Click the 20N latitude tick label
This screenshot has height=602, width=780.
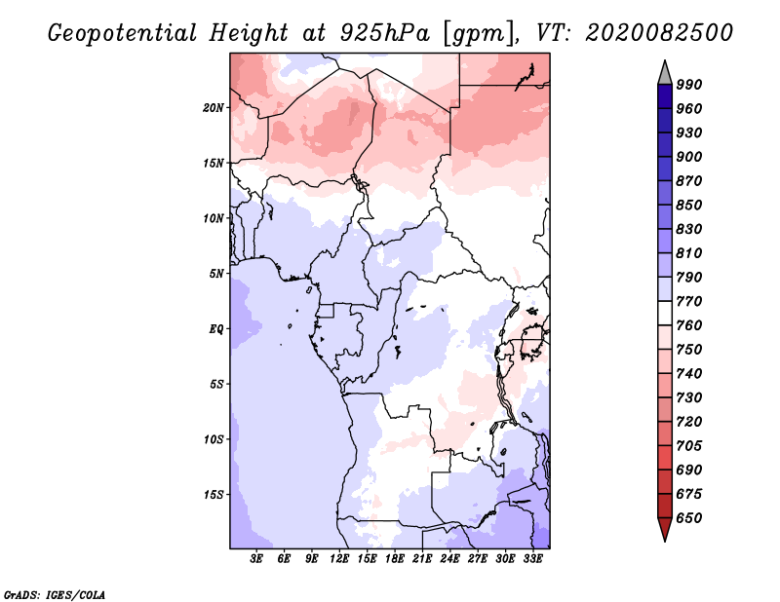click(x=214, y=108)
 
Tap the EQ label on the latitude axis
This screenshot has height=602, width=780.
click(x=216, y=329)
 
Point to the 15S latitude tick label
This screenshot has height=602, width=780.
click(x=214, y=495)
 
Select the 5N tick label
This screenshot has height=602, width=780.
click(x=216, y=274)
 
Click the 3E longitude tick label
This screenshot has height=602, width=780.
click(x=256, y=559)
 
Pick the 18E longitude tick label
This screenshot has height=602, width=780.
click(x=395, y=559)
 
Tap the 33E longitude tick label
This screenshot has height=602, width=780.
click(x=532, y=559)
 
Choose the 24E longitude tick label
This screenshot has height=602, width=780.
click(x=449, y=559)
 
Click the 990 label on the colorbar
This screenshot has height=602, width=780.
click(x=689, y=85)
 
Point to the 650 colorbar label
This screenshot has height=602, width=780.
click(x=689, y=518)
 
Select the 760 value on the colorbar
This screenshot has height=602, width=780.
click(x=689, y=325)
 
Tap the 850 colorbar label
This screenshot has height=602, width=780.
click(x=689, y=205)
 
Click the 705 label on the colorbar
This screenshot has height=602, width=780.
click(x=689, y=446)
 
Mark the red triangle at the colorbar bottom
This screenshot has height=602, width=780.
click(x=665, y=528)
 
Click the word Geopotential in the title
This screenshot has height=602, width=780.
click(x=123, y=33)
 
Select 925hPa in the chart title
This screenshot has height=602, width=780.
click(x=385, y=33)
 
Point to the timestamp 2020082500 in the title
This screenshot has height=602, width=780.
click(x=659, y=32)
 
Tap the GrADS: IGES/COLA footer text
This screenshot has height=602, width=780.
click(x=55, y=595)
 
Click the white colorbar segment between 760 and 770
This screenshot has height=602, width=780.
click(x=665, y=314)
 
